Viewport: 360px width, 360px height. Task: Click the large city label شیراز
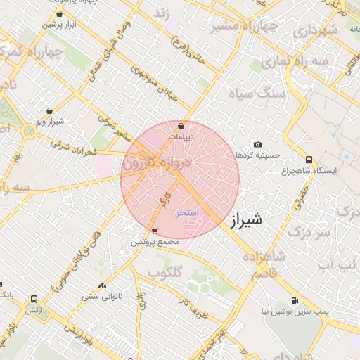(245, 219)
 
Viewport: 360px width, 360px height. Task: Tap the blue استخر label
(188, 212)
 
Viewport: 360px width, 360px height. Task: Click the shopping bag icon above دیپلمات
(181, 126)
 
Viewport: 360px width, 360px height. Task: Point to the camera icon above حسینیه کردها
(257, 144)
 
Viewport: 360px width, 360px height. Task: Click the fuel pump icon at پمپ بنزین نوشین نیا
(293, 298)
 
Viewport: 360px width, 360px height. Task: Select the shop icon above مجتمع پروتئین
(155, 231)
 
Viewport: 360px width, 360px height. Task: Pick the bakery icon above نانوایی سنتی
(103, 285)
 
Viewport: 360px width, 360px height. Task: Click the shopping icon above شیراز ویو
(49, 110)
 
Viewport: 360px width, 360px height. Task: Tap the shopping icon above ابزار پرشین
(58, 13)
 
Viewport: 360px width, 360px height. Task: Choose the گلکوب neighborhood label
(165, 272)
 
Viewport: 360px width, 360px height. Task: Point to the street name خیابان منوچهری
(151, 82)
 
